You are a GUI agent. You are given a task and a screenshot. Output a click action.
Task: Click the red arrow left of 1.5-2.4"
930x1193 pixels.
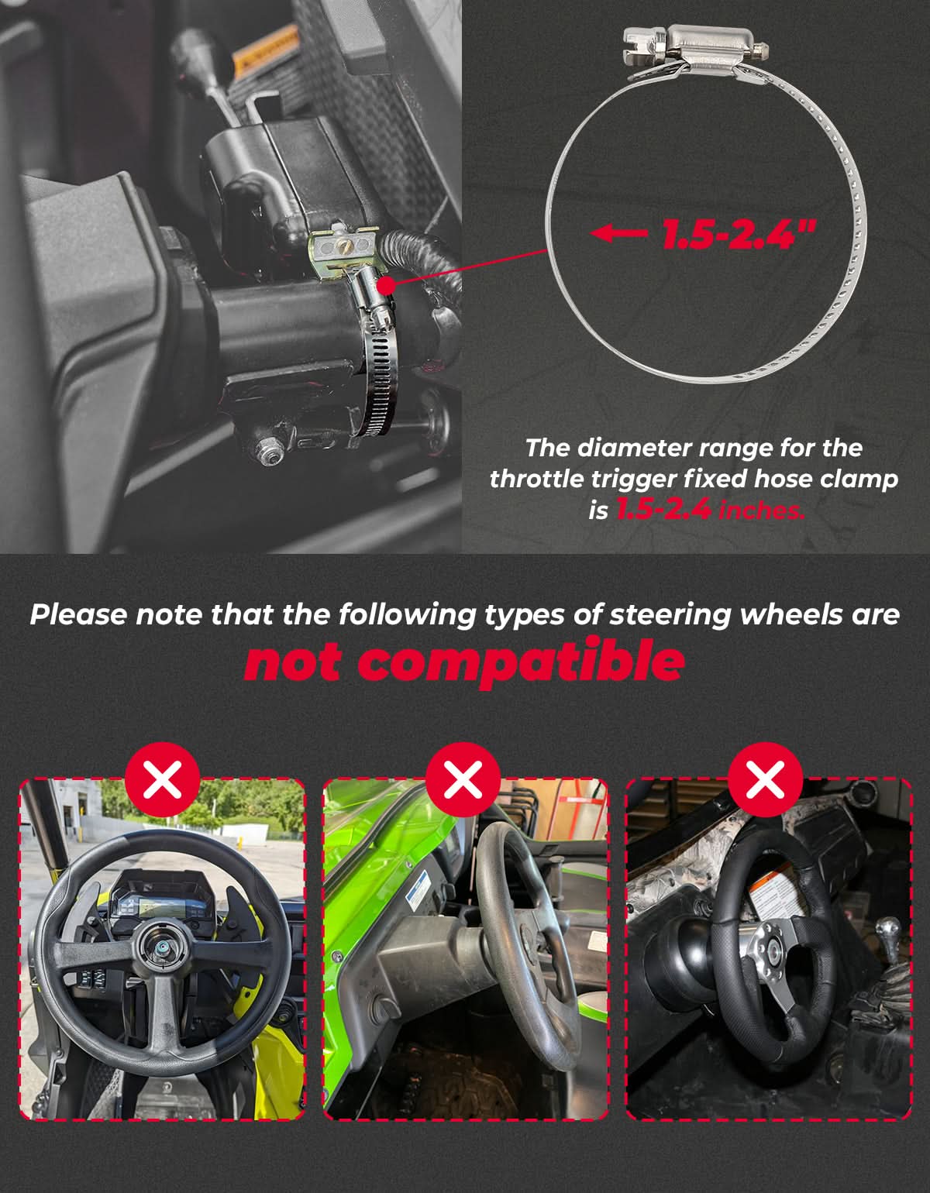point(618,232)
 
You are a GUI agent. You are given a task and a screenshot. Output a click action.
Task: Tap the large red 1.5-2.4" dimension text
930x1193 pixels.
point(739,234)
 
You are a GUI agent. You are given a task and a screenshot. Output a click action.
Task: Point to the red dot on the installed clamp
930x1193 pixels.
point(387,285)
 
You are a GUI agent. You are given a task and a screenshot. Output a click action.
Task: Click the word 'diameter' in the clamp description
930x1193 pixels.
point(619,448)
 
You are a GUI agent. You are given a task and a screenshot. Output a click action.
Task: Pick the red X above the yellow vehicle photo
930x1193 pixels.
point(162,779)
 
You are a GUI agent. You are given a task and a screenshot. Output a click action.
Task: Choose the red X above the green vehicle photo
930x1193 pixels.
point(463,779)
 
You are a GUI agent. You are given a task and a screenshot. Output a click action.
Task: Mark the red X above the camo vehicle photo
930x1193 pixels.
point(765,779)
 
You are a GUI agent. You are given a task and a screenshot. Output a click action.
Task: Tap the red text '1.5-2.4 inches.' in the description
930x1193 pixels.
point(711,511)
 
